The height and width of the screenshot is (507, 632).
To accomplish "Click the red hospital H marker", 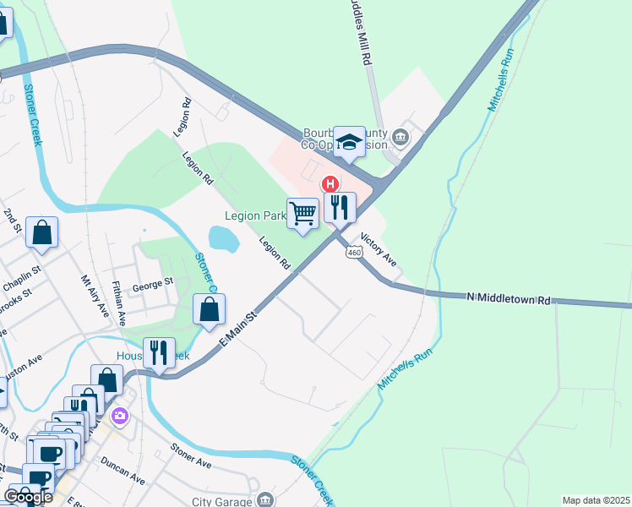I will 330,183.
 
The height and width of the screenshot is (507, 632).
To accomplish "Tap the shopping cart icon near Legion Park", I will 302,212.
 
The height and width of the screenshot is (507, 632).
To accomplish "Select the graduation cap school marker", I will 348,142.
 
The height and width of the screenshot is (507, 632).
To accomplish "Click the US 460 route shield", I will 354,253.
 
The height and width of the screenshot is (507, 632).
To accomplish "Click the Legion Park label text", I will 255,216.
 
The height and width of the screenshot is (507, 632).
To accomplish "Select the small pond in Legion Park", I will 223,238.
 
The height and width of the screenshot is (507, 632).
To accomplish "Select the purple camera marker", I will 119,415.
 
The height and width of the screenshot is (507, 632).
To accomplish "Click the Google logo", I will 29,497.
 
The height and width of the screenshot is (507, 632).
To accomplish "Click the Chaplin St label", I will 22,273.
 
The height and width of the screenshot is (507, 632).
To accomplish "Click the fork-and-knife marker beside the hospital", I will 340,207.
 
